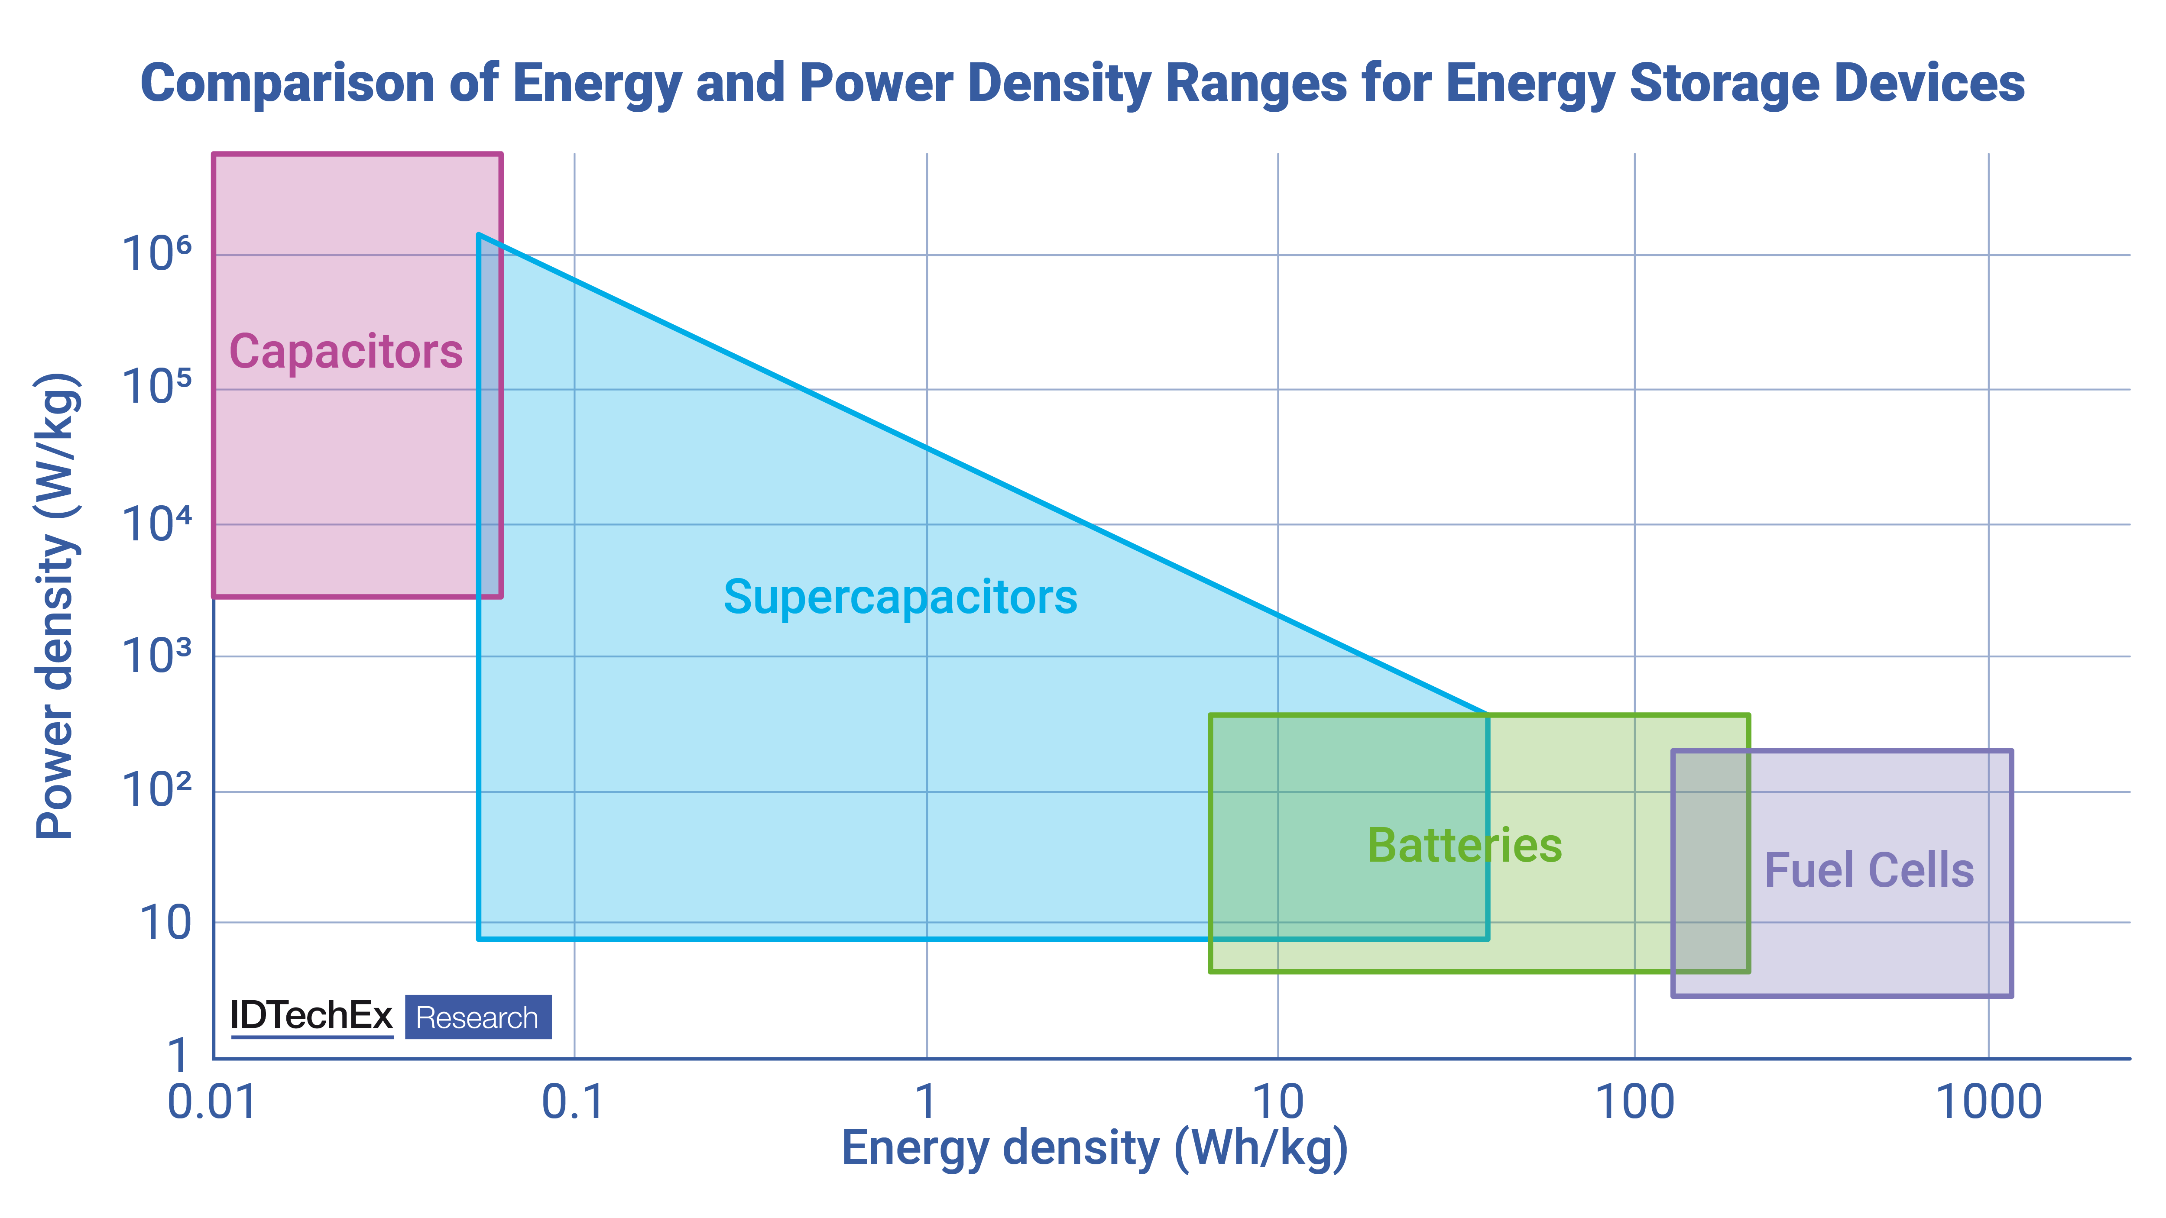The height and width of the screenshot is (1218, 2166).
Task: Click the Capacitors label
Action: click(346, 351)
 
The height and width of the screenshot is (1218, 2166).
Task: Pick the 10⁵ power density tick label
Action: click(156, 388)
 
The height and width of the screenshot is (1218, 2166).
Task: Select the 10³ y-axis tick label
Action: click(156, 656)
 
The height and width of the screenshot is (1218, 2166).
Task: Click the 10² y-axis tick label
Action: click(156, 790)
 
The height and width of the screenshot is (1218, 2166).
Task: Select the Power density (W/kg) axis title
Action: click(57, 605)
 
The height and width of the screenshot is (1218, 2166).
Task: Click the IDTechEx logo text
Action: click(311, 1016)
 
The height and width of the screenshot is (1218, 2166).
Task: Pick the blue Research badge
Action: click(477, 1017)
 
